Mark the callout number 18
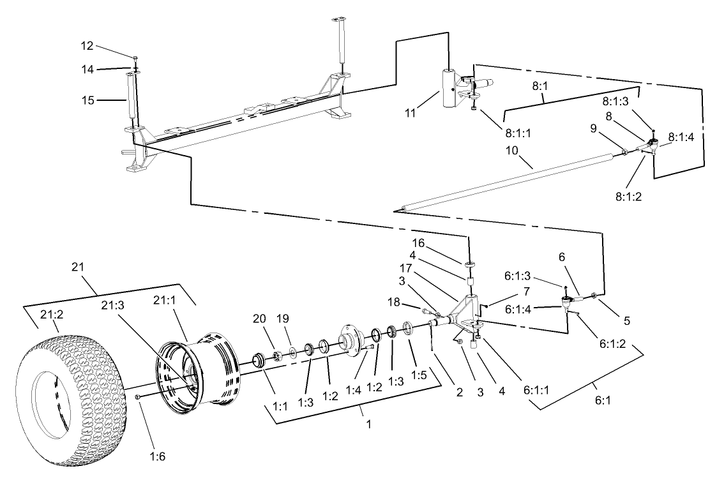point(395,300)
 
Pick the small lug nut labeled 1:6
point(138,398)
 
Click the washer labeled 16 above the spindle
point(469,263)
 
